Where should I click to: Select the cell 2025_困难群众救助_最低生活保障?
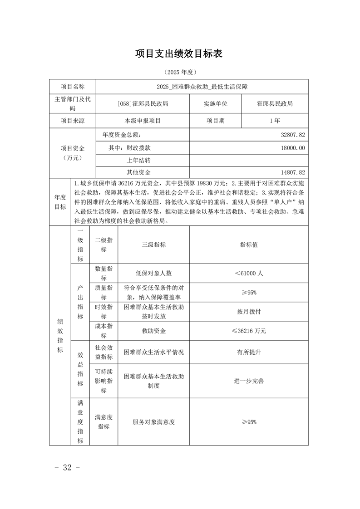202,86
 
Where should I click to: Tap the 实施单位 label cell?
215,103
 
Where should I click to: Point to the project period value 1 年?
274,121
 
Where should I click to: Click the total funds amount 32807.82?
293,135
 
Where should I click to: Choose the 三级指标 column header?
153,245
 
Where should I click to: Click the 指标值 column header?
249,245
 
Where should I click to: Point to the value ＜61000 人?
249,274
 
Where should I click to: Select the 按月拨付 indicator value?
249,312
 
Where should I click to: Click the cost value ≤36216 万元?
249,331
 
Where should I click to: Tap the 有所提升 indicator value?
249,352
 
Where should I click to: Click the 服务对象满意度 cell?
153,422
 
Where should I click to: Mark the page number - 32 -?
67,468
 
